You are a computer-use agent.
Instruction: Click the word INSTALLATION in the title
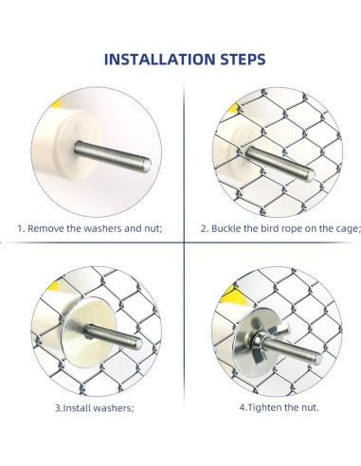point(159,60)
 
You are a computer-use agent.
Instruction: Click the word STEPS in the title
point(243,60)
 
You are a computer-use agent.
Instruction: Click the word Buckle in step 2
point(226,228)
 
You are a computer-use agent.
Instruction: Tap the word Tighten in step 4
point(264,407)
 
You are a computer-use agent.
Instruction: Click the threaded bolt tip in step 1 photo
point(147,165)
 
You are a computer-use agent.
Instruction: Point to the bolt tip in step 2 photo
point(310,175)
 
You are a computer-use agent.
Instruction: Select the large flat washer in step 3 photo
point(89,332)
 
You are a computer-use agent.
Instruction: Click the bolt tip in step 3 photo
point(138,344)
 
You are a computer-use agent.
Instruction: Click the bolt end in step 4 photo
point(318,359)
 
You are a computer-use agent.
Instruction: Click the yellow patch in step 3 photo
point(54,286)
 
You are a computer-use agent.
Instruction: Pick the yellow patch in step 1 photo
point(57,103)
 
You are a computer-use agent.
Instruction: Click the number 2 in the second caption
point(204,228)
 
